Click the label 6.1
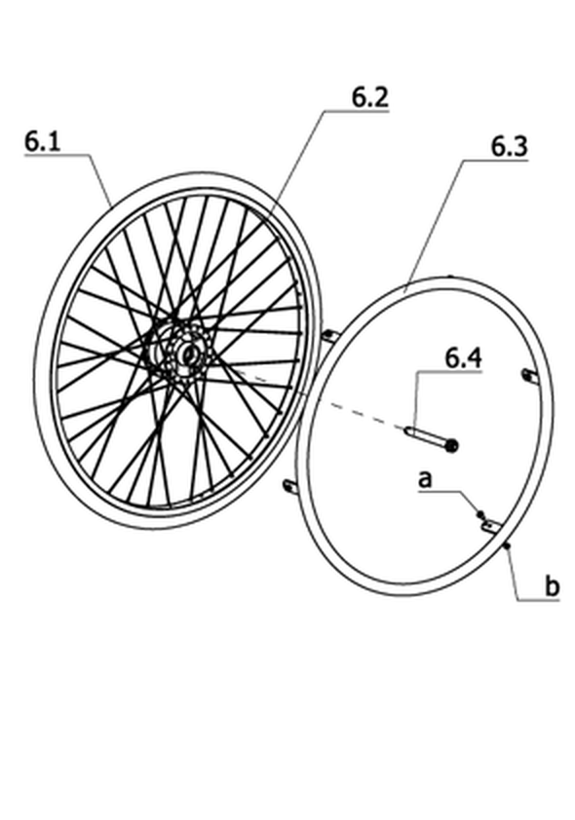(42, 141)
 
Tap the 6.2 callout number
(370, 97)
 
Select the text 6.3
(509, 147)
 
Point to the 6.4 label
(464, 358)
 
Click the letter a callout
(425, 478)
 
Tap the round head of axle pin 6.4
(451, 446)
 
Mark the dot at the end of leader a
(479, 514)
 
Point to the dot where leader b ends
(507, 546)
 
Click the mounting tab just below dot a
(492, 526)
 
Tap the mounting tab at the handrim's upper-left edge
(330, 336)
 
